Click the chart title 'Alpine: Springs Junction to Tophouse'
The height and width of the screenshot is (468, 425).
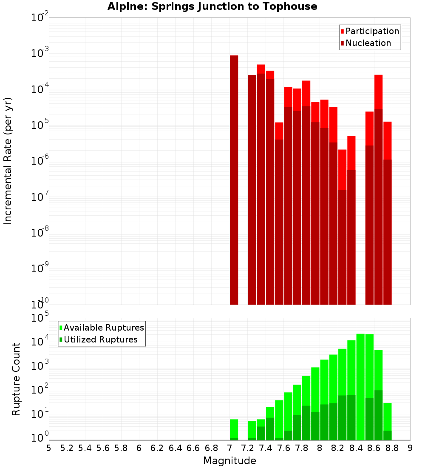tap(212, 6)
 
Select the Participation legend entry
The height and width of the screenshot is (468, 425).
tap(370, 31)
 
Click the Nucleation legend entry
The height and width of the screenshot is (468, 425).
tap(365, 43)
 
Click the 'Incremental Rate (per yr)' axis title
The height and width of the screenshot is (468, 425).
tap(8, 161)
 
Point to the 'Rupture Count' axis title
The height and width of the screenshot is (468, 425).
tap(16, 379)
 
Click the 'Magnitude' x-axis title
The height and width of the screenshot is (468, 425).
tap(229, 461)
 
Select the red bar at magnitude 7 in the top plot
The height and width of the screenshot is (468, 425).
tap(234, 179)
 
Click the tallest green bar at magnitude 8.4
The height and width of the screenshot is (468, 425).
tap(360, 387)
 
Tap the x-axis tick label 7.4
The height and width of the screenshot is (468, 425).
tap(266, 448)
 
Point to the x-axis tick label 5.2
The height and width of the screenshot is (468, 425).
tap(67, 448)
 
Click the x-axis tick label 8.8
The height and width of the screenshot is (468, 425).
tap(392, 448)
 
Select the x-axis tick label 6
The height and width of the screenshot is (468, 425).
tap(139, 448)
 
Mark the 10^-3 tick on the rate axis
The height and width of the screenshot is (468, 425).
tap(40, 54)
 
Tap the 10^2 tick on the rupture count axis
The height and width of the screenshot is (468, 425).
tap(40, 390)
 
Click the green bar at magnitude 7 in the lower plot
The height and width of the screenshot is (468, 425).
tap(234, 430)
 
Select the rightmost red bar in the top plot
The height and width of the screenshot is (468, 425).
tap(387, 213)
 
